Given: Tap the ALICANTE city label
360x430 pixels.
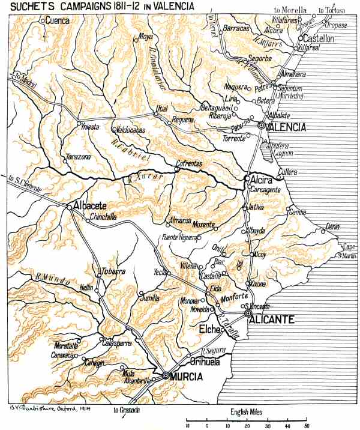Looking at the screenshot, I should pyautogui.click(x=274, y=321).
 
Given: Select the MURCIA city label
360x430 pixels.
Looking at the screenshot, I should pyautogui.click(x=187, y=377).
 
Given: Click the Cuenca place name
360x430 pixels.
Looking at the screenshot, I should pyautogui.click(x=58, y=20).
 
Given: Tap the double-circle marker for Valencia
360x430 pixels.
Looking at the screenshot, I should pyautogui.click(x=262, y=126).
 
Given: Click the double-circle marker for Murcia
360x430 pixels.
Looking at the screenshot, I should pyautogui.click(x=166, y=375).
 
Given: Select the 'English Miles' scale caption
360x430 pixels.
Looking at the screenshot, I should pyautogui.click(x=248, y=413).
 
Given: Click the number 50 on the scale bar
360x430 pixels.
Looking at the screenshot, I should pyautogui.click(x=306, y=425).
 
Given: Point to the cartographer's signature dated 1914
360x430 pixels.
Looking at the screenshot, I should pyautogui.click(x=41, y=407).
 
